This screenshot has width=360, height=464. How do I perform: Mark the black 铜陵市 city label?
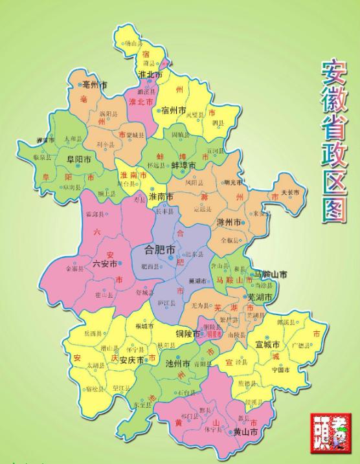coord(190,334)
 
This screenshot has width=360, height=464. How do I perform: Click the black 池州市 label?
coord(177,363)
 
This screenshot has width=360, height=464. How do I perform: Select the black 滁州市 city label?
coord(229,222)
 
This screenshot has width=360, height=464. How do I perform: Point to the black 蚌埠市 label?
coord(184,165)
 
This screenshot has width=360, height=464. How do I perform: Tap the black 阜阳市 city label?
coord(77,158)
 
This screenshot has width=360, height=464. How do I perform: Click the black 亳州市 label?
coord(93,85)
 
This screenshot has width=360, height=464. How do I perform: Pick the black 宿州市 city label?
coord(174,110)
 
